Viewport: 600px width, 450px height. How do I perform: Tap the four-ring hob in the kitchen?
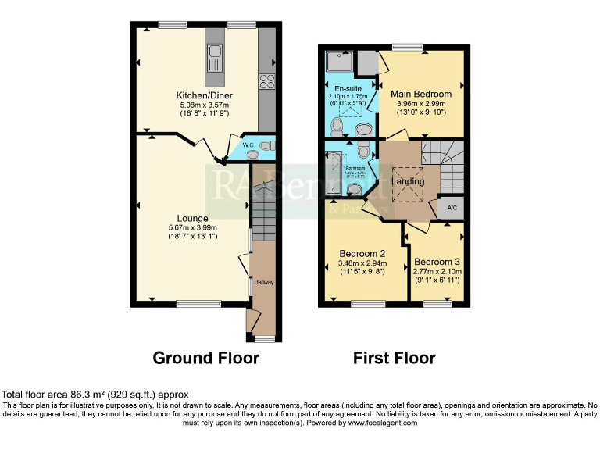[266, 79]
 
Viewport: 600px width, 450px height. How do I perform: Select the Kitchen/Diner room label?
[204, 96]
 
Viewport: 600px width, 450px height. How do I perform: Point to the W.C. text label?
[248, 145]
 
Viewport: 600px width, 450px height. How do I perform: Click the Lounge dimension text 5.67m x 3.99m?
[192, 228]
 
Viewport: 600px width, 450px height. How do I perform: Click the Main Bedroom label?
[421, 95]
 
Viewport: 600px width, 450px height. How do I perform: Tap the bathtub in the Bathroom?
[334, 172]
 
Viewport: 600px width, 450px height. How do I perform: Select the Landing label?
[408, 181]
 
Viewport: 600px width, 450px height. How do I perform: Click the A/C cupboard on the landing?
[452, 208]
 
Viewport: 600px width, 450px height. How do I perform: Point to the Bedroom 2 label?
[362, 253]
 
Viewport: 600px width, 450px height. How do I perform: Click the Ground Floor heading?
[205, 358]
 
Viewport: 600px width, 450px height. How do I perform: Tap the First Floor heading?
[394, 358]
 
